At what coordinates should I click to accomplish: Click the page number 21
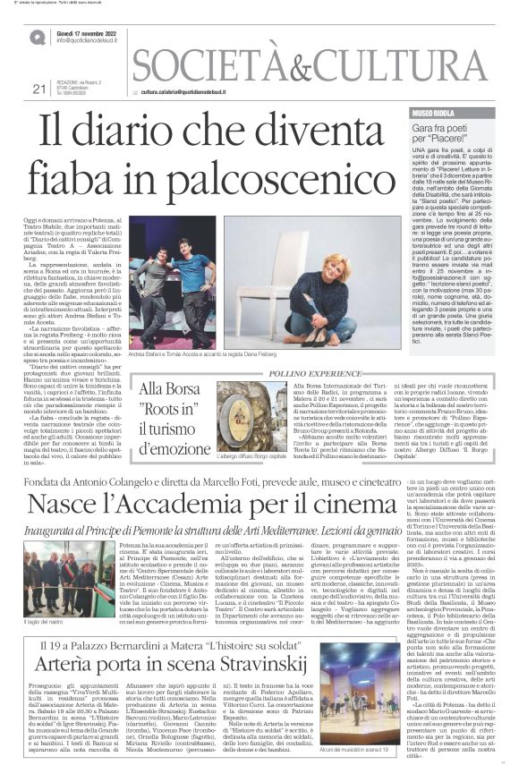point(38,88)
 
